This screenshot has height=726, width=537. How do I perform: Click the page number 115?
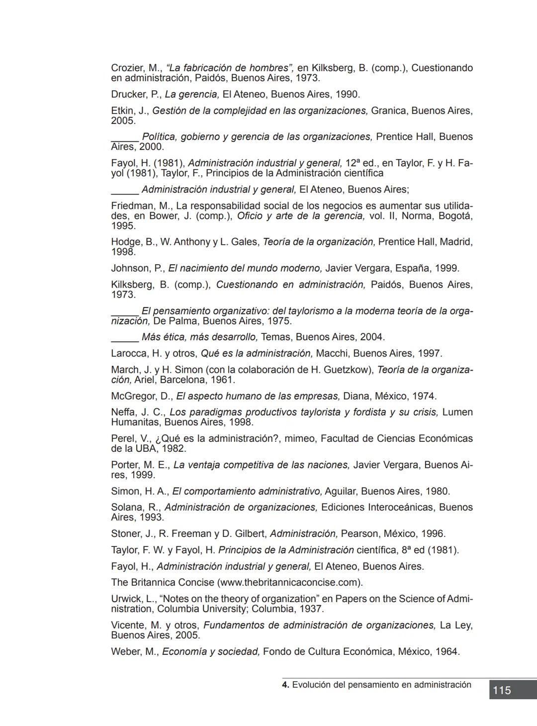[x=502, y=690]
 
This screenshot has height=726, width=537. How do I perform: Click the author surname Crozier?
[x=127, y=68]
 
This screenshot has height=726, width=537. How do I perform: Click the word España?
[x=412, y=268]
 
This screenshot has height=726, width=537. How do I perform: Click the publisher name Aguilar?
[x=340, y=491]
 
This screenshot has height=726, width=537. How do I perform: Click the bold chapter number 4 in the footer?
[x=285, y=685]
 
